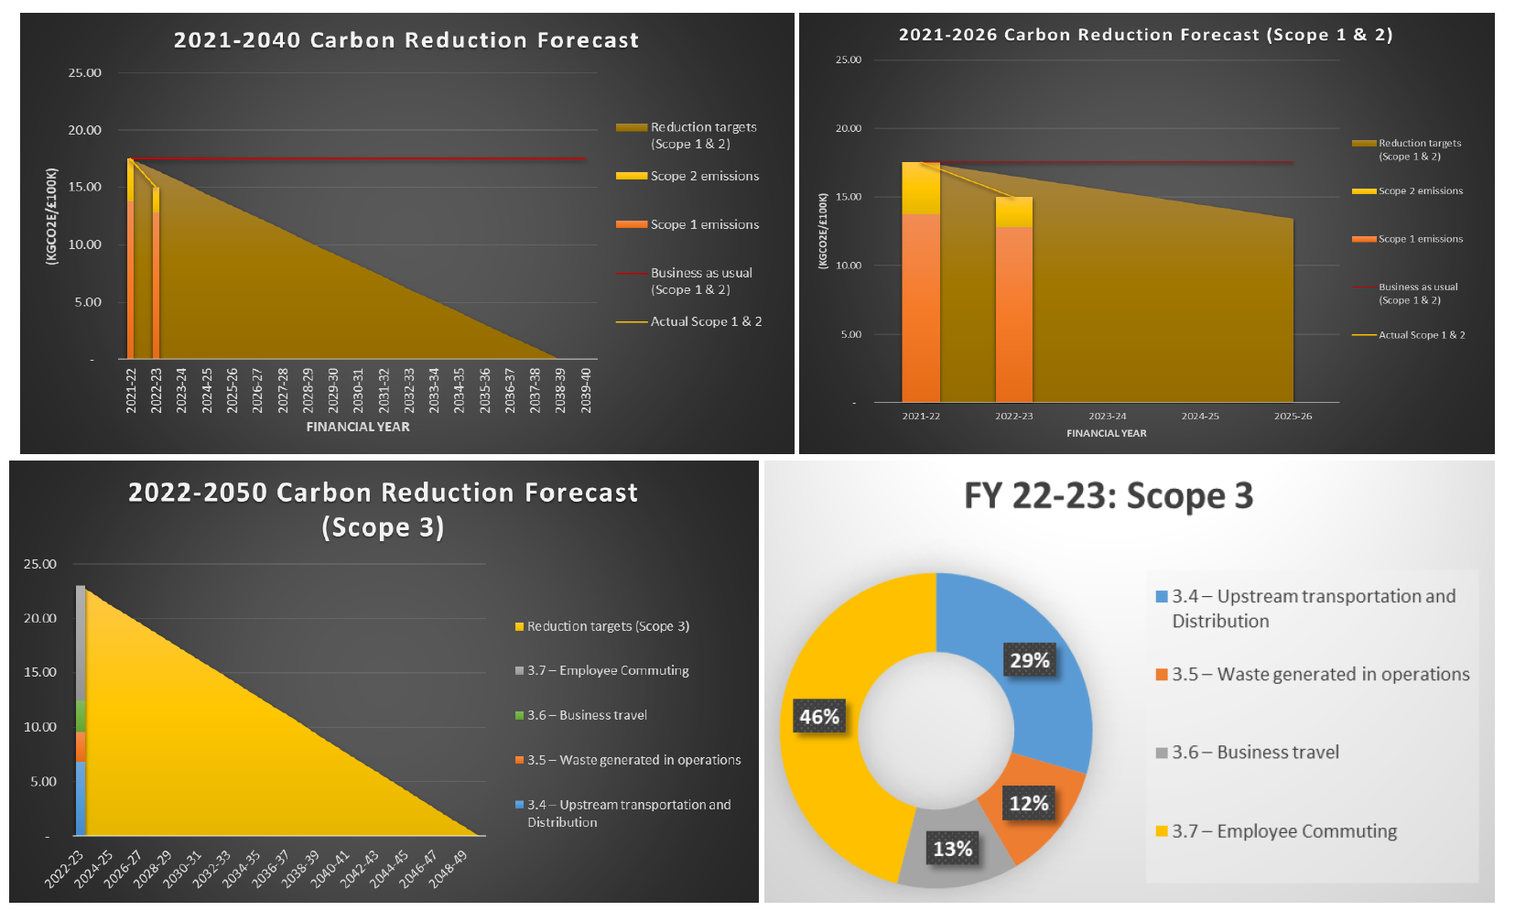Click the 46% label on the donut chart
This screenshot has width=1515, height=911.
click(819, 717)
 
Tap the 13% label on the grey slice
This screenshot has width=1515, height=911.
click(952, 850)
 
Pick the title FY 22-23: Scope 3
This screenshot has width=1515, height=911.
click(1109, 496)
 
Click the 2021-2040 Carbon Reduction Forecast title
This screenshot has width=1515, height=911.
click(406, 40)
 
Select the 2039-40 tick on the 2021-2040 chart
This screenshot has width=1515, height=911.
click(586, 391)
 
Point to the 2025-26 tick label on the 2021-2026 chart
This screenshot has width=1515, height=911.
click(1293, 417)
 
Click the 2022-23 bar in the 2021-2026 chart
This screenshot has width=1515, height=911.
click(1013, 311)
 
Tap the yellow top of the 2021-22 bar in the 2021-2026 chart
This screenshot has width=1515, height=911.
click(920, 188)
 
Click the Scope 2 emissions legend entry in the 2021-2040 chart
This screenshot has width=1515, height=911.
click(704, 176)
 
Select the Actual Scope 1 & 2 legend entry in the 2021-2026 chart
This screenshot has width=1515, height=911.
click(1421, 335)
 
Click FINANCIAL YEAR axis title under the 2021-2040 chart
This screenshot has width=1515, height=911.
click(358, 427)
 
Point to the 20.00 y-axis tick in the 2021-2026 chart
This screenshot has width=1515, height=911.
click(849, 128)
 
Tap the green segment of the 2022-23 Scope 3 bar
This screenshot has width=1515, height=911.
click(81, 716)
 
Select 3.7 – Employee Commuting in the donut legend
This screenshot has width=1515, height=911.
click(1283, 831)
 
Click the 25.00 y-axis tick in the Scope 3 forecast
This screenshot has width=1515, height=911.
click(40, 564)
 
